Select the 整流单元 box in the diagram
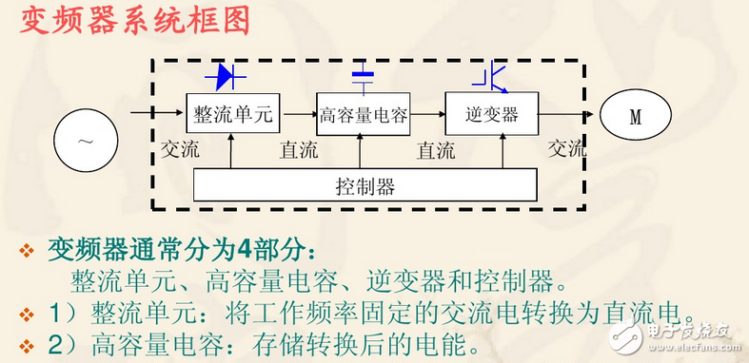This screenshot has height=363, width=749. click(x=232, y=115)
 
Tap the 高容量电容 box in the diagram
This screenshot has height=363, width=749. click(x=363, y=115)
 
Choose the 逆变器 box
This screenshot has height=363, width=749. click(x=491, y=115)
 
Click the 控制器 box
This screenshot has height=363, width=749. click(x=365, y=185)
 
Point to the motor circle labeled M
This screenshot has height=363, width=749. click(x=636, y=117)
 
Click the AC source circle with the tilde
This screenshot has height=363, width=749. click(x=86, y=142)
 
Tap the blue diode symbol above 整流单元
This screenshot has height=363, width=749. click(x=232, y=73)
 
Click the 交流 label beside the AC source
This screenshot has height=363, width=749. click(x=180, y=150)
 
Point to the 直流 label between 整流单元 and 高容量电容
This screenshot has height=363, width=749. click(x=299, y=150)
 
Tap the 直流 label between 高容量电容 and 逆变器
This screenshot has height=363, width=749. click(x=435, y=150)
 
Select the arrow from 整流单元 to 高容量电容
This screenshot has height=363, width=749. click(x=299, y=116)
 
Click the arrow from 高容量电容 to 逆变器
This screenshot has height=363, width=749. click(x=428, y=116)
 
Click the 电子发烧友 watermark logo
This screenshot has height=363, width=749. click(x=681, y=331)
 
